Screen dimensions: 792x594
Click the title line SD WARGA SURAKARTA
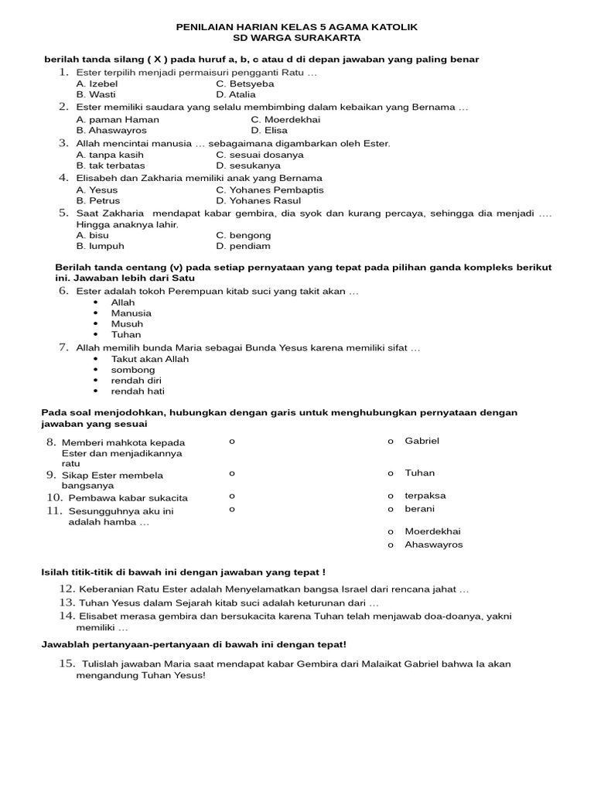297,37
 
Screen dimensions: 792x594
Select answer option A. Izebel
97,84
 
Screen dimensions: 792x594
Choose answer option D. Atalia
236,94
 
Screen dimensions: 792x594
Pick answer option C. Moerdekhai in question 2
285,120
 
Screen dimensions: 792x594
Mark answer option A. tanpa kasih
110,155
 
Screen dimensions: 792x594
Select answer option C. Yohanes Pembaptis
270,189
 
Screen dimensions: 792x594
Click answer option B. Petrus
98,200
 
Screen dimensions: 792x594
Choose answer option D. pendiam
243,246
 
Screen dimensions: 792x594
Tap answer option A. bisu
93,235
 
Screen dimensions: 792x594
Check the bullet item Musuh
127,324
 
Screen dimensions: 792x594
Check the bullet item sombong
133,370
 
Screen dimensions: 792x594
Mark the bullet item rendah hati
138,391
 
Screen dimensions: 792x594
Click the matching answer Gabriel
422,440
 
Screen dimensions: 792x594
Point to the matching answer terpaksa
425,495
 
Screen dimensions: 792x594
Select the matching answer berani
419,508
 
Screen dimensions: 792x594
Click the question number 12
66,589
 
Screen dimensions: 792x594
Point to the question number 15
66,664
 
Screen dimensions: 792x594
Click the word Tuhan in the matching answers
419,473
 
